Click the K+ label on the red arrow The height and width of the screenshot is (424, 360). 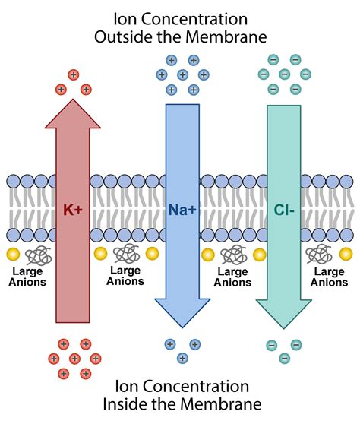click(74, 206)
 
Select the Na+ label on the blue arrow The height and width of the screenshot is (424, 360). click(181, 206)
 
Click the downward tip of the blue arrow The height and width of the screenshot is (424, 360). click(181, 323)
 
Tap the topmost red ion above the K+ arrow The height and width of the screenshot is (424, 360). click(74, 74)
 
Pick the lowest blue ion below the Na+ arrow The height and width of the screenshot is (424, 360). click(182, 358)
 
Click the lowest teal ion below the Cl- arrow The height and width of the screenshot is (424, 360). click(284, 358)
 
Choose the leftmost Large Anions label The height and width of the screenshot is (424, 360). click(28, 277)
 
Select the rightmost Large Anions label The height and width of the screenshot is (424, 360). click(330, 277)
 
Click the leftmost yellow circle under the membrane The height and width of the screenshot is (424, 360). click(13, 254)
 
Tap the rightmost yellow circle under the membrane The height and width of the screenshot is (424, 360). click(346, 254)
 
